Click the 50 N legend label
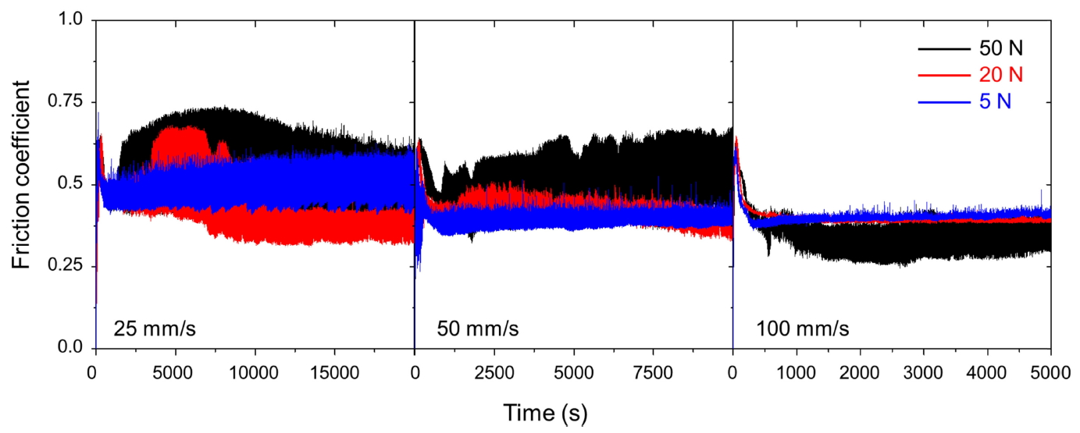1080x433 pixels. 1000,48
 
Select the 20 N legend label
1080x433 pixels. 1000,75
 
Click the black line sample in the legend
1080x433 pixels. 944,48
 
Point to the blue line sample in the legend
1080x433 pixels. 944,101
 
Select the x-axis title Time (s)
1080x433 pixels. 544,411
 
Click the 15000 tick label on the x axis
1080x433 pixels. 334,367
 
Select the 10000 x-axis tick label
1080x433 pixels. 255,367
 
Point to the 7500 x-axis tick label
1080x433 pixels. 653,367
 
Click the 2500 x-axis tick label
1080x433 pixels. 494,367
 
